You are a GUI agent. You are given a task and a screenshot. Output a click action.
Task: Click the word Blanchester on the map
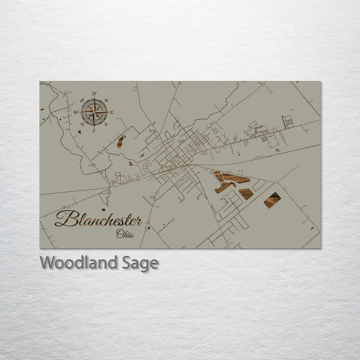click(98, 219)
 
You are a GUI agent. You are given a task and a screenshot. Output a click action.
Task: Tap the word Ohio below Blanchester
click(125, 234)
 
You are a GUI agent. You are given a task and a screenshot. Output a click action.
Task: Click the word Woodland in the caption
click(79, 262)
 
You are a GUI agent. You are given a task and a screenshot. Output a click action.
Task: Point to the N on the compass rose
click(94, 93)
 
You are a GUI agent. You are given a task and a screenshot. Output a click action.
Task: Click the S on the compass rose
click(93, 130)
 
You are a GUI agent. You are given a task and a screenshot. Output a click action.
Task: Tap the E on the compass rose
click(112, 112)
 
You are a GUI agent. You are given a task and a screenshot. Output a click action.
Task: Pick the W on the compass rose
click(76, 112)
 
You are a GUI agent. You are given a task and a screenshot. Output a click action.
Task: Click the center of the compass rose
click(94, 112)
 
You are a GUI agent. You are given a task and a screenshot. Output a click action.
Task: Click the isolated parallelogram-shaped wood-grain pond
click(272, 200)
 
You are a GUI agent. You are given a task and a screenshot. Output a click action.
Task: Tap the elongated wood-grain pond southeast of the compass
click(121, 141)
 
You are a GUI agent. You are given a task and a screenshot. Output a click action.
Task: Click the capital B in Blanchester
click(63, 218)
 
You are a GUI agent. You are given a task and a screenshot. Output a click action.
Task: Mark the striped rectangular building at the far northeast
click(287, 121)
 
